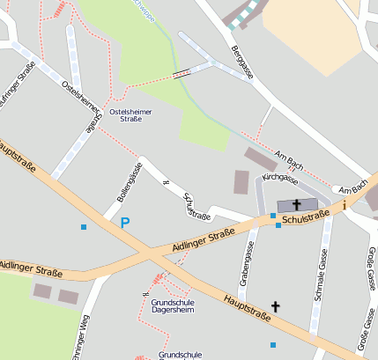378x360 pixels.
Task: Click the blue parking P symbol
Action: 125,224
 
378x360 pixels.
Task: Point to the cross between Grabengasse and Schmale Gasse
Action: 275,306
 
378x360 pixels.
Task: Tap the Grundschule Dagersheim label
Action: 166,307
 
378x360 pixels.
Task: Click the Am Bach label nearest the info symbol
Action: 352,189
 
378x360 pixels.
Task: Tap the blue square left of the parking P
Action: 84,227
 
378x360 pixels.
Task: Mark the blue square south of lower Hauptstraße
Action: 273,344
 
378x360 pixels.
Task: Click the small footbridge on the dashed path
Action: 182,74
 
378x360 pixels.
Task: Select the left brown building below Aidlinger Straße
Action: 42,290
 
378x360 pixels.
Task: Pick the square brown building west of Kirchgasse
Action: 241,182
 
